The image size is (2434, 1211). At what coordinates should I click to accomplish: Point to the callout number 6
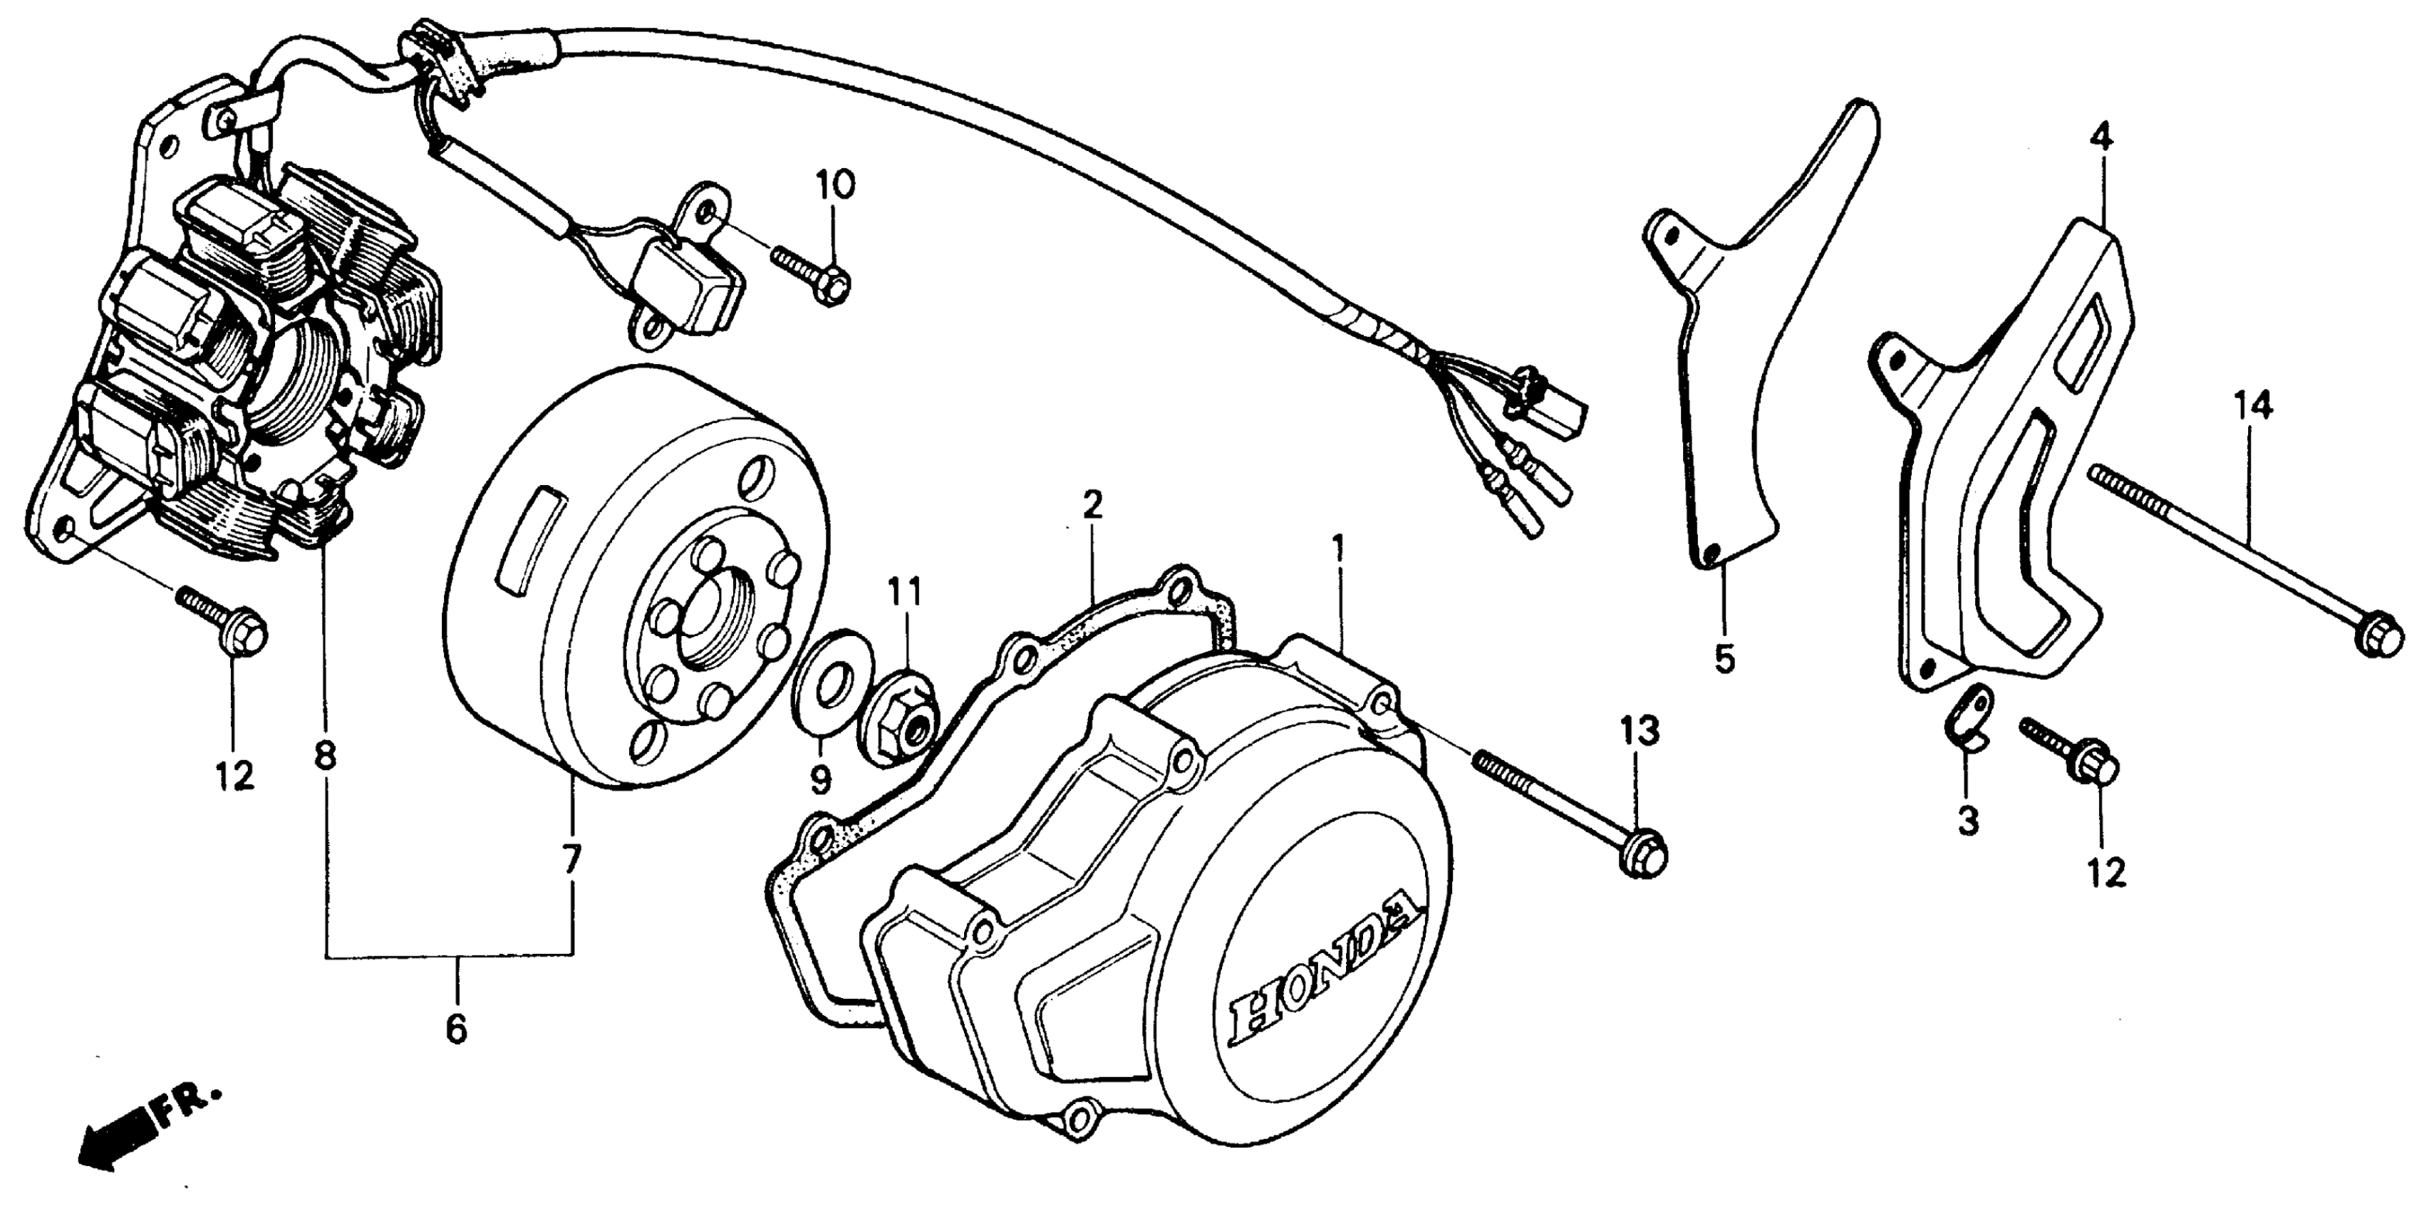[456, 1029]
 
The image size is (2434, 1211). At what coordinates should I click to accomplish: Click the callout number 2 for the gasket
[1092, 505]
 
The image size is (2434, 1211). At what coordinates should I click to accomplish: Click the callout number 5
[1725, 658]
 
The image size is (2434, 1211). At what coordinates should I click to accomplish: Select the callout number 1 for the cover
[1338, 545]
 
